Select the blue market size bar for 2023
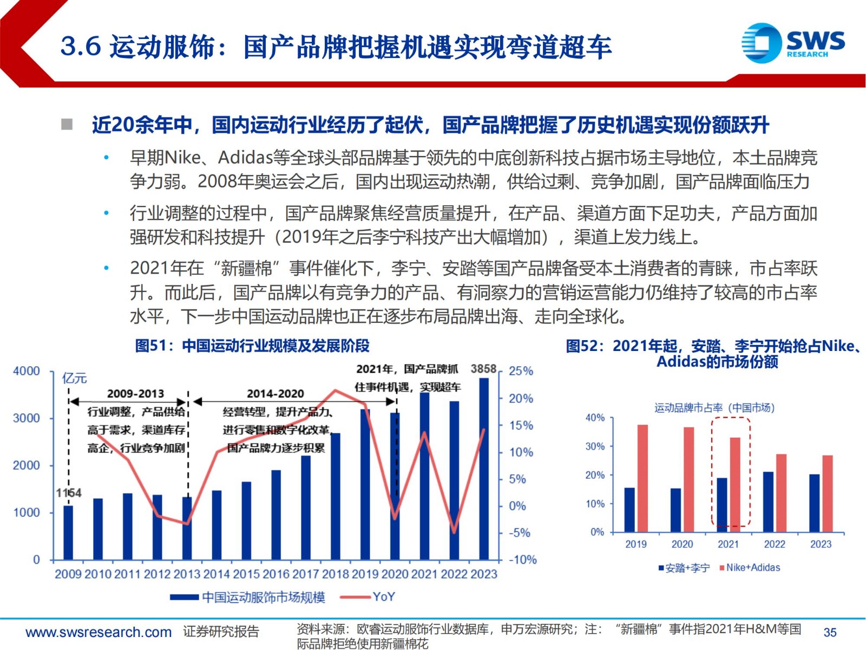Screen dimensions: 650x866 point(484,469)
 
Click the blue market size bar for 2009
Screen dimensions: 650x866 point(68,532)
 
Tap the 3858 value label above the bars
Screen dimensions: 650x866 point(483,369)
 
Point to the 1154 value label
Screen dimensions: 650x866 point(69,493)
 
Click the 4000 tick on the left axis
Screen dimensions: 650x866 point(26,371)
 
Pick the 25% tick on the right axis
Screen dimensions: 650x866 point(521,371)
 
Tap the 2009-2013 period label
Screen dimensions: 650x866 point(135,394)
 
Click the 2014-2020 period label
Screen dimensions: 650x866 point(275,394)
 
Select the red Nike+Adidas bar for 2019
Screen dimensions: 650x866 point(642,478)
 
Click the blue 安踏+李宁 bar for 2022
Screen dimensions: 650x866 point(768,502)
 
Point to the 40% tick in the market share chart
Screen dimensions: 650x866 point(595,418)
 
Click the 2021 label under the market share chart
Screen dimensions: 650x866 point(728,544)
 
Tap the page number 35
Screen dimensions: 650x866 point(830,632)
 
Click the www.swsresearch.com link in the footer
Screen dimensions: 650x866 point(99,632)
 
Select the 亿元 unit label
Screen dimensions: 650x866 point(75,378)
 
